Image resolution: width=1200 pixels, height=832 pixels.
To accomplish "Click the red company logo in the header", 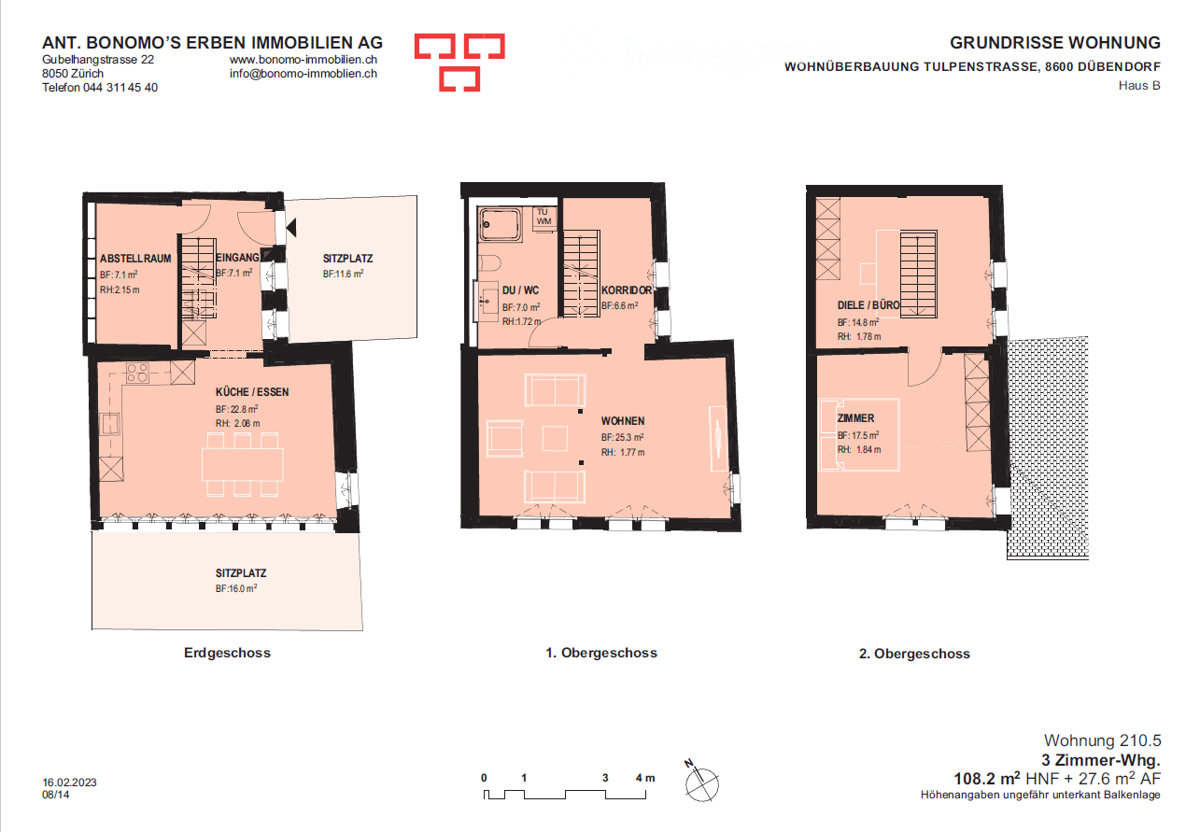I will click(459, 63).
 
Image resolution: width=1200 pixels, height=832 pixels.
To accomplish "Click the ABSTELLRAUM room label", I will click(135, 259).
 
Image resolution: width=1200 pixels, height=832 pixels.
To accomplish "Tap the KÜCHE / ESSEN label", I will click(252, 392).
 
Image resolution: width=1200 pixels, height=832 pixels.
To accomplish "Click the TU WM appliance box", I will click(544, 217).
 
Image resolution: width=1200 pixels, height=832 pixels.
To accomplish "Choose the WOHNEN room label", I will click(623, 421).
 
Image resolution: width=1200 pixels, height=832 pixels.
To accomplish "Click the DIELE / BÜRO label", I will click(868, 305).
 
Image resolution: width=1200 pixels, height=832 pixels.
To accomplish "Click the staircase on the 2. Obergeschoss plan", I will click(918, 274).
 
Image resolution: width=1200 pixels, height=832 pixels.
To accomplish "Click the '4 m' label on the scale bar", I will click(645, 778).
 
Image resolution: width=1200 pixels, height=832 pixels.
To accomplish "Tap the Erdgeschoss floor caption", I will click(227, 653).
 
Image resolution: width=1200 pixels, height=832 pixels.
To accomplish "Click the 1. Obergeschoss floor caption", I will click(601, 653).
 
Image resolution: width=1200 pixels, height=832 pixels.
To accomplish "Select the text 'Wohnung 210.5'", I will click(1102, 740).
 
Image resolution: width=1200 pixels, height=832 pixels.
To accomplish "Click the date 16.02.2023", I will click(71, 782).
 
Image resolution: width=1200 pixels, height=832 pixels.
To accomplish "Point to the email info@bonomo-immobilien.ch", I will click(304, 73).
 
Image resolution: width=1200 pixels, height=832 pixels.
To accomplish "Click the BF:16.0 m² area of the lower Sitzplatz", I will click(235, 589).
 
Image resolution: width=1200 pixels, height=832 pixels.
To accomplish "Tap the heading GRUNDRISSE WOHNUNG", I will click(1054, 43).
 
